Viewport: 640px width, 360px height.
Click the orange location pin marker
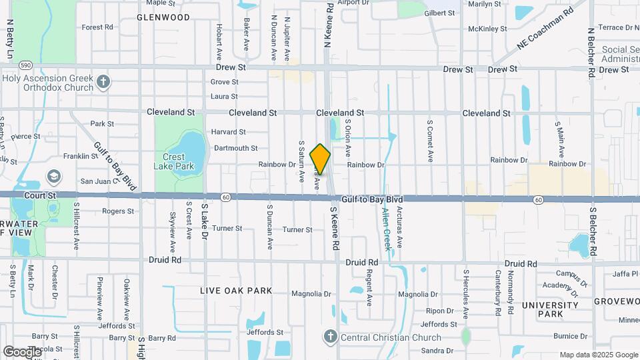(320, 159)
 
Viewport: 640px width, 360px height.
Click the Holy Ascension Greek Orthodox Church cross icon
(103, 81)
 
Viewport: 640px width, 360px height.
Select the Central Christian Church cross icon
(331, 336)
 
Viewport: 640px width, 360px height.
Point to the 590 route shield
(25, 65)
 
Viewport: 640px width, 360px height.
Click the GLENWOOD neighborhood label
(163, 17)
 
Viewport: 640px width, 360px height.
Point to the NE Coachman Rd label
(545, 29)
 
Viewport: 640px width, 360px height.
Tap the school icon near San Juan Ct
(53, 177)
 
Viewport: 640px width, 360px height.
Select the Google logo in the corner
(22, 351)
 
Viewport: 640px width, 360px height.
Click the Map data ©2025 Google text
(598, 355)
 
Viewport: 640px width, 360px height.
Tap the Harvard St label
(229, 132)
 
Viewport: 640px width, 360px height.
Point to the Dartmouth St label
(235, 148)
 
